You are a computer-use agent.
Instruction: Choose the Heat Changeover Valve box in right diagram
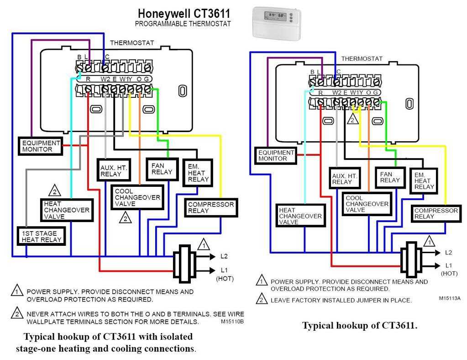pos(300,216)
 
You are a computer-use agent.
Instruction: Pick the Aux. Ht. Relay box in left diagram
pos(113,171)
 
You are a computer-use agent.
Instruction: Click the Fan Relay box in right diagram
pos(390,177)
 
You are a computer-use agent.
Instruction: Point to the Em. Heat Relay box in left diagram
pos(198,173)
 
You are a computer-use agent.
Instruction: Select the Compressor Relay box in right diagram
pos(436,213)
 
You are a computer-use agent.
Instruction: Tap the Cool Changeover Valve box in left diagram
pos(137,197)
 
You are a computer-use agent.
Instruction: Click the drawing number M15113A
pos(449,298)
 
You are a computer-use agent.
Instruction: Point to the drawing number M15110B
pos(232,322)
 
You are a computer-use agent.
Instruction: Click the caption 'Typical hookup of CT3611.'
pos(360,326)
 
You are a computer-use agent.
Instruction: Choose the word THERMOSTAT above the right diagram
pos(362,58)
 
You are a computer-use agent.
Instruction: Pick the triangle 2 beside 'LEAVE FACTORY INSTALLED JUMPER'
pos(262,300)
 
